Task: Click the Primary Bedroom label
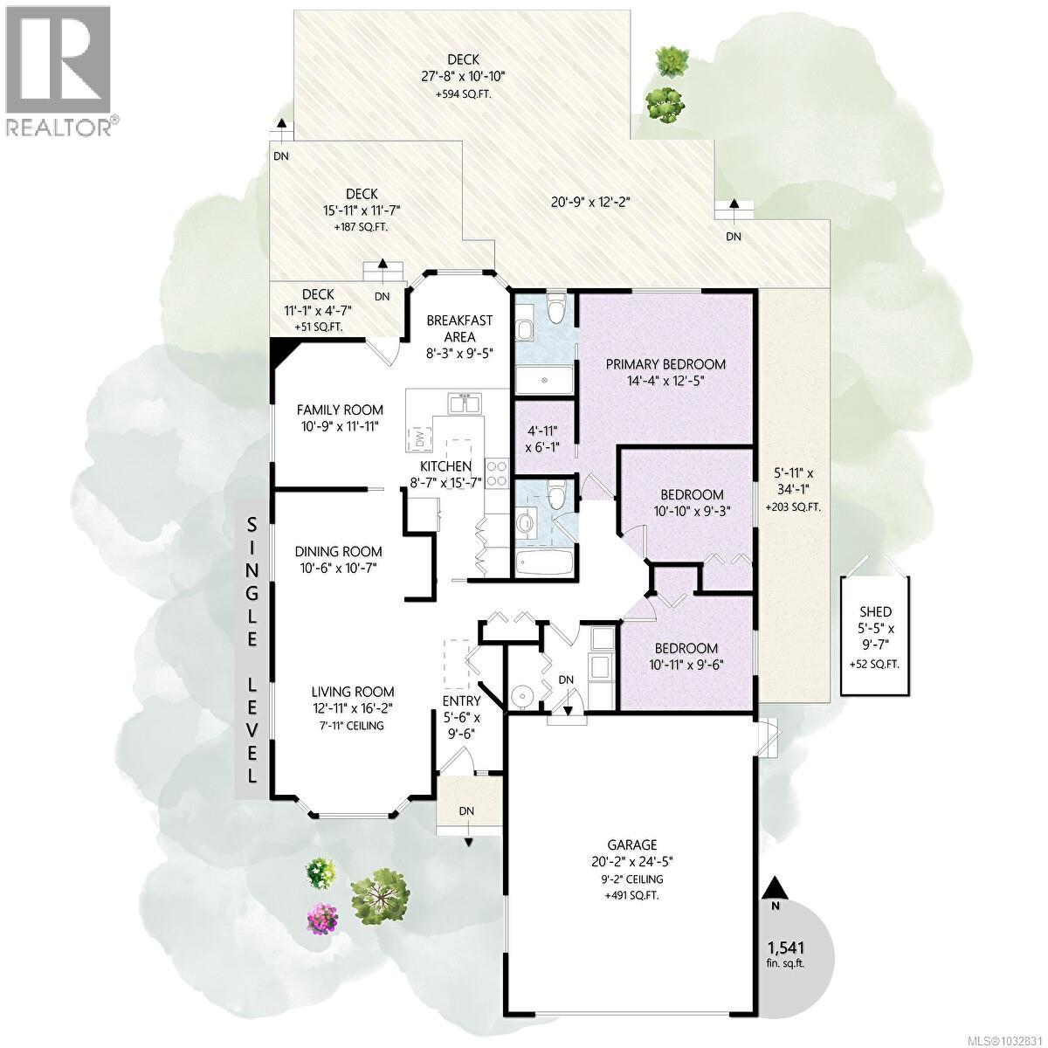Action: coord(666,364)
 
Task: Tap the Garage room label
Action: coord(633,845)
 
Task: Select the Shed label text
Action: coord(874,612)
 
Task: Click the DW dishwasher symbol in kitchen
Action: coord(419,436)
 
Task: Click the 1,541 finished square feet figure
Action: coord(785,948)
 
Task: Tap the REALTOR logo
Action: coord(59,70)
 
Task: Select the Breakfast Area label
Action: coord(459,328)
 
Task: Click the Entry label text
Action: coord(460,700)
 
